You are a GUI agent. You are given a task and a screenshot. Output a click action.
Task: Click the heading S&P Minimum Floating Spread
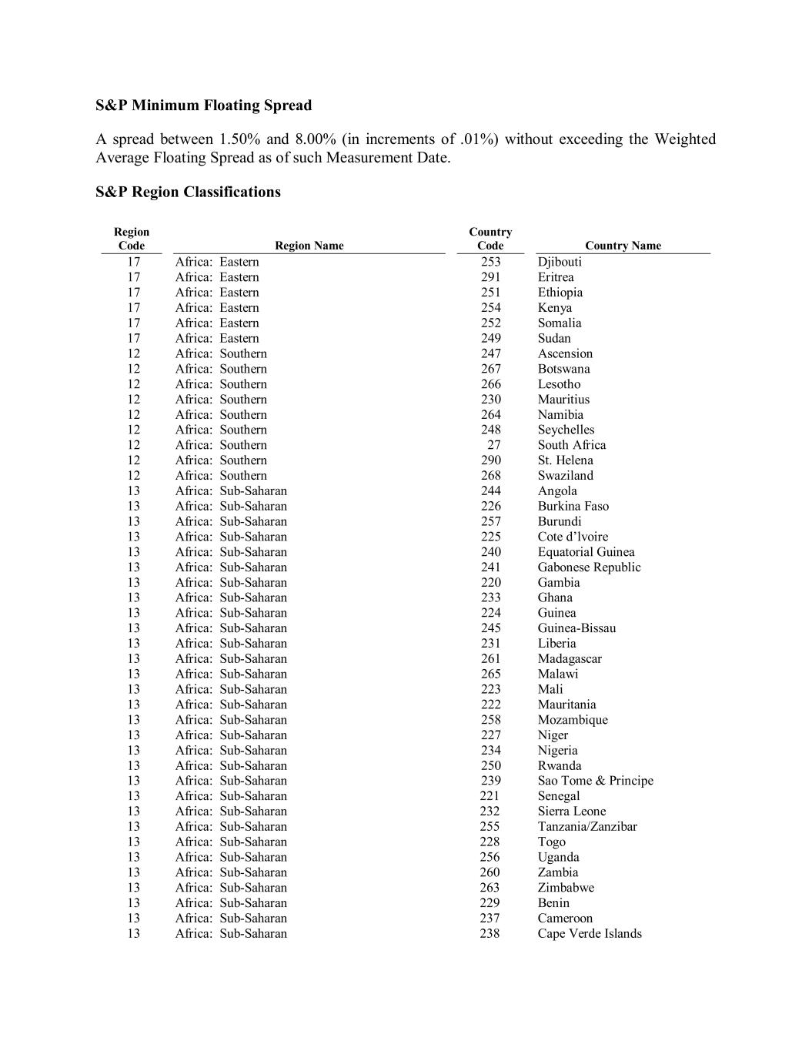[x=203, y=105]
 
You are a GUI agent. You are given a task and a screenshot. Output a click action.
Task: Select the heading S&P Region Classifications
[x=188, y=192]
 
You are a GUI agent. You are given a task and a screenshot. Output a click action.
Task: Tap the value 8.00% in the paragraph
[x=316, y=139]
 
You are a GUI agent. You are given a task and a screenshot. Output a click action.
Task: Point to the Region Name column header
[x=309, y=246]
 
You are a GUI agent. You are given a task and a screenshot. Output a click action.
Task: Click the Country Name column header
[x=623, y=246]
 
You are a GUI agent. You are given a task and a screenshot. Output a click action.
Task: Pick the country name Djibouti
[x=560, y=262]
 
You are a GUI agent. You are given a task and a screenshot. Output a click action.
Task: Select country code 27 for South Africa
[x=493, y=445]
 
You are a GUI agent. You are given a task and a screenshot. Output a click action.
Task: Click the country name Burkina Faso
[x=573, y=506]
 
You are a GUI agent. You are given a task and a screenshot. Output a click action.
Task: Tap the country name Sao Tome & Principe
[x=595, y=781]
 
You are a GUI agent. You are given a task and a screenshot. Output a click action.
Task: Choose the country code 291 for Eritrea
[x=490, y=277]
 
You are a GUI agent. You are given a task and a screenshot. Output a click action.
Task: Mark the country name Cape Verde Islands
[x=589, y=933]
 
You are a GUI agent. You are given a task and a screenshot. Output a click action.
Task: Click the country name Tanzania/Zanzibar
[x=587, y=826]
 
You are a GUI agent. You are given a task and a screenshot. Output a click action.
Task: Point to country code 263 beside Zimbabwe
[x=490, y=888]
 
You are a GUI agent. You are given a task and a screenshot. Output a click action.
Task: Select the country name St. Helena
[x=565, y=460]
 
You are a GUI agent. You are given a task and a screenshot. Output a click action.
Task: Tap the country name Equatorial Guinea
[x=586, y=552]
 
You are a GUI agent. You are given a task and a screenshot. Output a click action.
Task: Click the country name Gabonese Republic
[x=589, y=567]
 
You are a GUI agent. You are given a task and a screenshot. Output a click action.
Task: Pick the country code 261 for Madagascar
[x=490, y=659]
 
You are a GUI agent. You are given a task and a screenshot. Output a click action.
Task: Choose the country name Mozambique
[x=573, y=720]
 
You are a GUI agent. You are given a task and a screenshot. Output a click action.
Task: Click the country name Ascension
[x=565, y=353]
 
